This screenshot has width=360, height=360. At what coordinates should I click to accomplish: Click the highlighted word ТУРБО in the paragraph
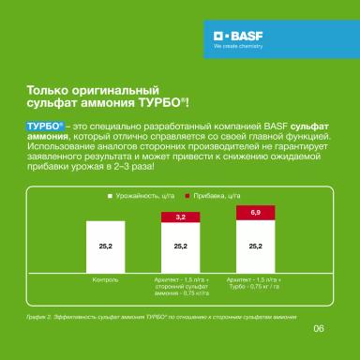point(44,124)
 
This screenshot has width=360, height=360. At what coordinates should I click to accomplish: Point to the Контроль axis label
point(105,278)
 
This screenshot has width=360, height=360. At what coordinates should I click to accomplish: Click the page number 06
point(318,329)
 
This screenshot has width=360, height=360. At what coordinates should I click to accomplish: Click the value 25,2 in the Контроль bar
point(105,245)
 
